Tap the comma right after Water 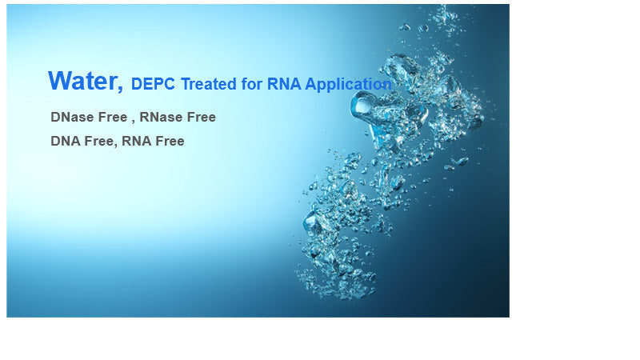[x=121, y=86]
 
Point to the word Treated [x=210, y=84]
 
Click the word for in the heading [x=254, y=84]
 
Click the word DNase [x=70, y=117]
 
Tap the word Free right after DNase [x=111, y=117]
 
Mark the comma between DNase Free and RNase [x=133, y=120]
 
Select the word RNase [x=160, y=117]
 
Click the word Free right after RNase [x=201, y=117]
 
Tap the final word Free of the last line [x=170, y=141]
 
